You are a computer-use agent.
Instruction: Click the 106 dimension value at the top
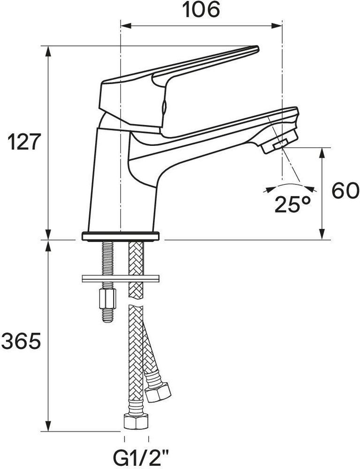pos(201,9)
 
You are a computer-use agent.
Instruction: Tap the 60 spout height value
pos(345,190)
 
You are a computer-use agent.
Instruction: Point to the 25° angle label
pos(292,204)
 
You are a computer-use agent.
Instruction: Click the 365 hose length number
pos(21,341)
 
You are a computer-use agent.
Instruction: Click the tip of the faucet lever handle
pos(257,48)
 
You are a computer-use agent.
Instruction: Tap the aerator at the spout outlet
pos(280,142)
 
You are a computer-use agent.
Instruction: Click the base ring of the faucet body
pos(121,236)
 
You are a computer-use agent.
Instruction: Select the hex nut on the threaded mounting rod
pos(108,299)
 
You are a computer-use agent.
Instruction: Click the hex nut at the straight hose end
pos(136,421)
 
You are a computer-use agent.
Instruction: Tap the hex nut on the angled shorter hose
pos(158,392)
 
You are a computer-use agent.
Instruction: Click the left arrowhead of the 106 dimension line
pos(126,26)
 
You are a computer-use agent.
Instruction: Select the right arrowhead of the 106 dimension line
pos(276,26)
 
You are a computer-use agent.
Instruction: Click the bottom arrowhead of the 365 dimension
pos(48,426)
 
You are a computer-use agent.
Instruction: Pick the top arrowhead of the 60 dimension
pos(322,153)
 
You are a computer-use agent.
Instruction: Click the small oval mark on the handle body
pos(164,108)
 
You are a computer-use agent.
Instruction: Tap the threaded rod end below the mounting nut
pos(108,315)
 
